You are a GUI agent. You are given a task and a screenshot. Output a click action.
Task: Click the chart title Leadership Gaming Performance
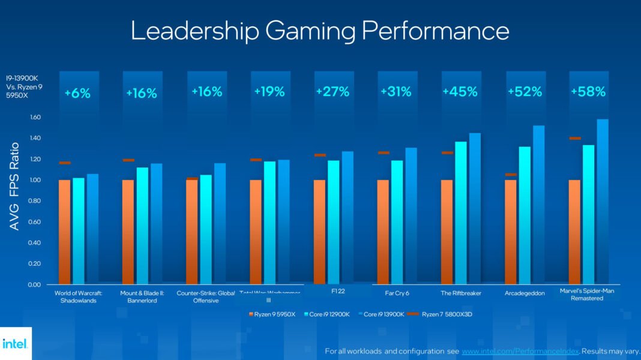(x=320, y=31)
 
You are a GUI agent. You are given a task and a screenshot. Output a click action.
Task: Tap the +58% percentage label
(x=588, y=92)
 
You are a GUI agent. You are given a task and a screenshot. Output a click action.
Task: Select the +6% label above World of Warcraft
(x=77, y=93)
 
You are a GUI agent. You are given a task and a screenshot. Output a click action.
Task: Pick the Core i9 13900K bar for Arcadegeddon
(x=539, y=204)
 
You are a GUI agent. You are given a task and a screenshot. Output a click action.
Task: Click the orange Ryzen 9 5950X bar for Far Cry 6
(x=383, y=232)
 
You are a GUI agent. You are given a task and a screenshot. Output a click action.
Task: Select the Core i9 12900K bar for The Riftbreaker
(x=461, y=213)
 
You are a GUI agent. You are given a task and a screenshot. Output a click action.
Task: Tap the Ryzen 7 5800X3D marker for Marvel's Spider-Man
(x=575, y=139)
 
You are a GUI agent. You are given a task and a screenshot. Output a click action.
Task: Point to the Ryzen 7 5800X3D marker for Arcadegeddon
(x=511, y=175)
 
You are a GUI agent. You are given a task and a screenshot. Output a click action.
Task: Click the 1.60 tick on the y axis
(x=33, y=118)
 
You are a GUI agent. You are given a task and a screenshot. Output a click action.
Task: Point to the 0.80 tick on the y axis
(x=33, y=201)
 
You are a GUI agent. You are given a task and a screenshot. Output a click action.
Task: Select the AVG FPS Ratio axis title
(x=14, y=186)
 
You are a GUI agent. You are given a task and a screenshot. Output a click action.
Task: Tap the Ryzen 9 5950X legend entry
(x=272, y=314)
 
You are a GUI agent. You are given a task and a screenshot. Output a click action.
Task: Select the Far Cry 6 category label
(x=397, y=293)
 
